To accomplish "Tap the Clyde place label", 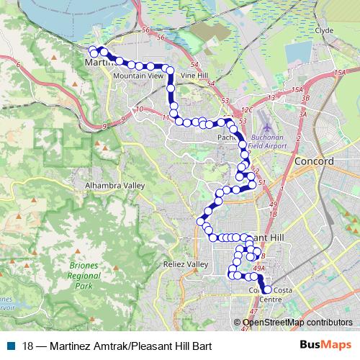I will [324, 31].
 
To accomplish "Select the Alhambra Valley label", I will [115, 185].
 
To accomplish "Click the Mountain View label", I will [138, 75].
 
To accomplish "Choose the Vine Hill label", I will [194, 75].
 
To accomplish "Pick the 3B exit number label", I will [305, 97].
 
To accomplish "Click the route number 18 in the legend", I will [27, 345].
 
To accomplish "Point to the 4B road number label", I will [263, 256].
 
